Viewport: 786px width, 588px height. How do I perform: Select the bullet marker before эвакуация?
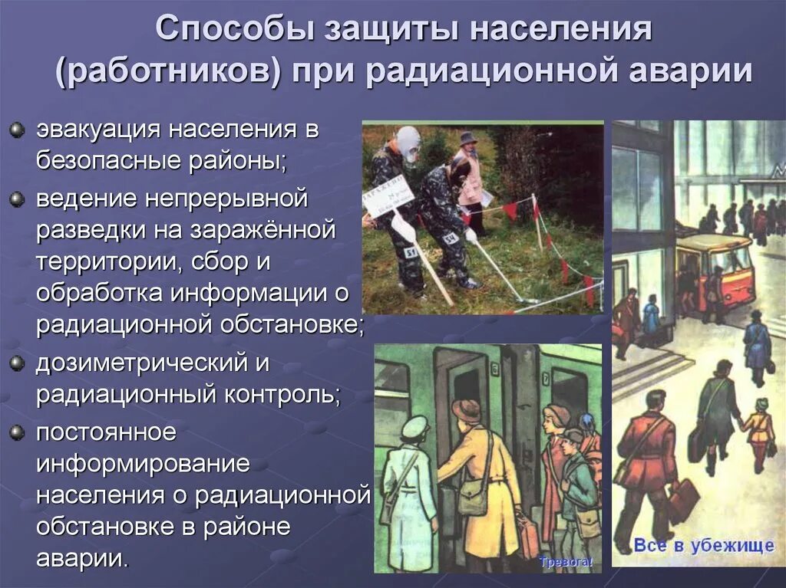coord(17,130)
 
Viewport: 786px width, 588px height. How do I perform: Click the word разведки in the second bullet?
coord(92,232)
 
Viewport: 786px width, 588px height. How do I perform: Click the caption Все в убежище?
coord(703,546)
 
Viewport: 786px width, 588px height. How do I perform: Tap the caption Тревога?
coord(566,562)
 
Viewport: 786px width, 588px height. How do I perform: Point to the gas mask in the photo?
coord(408,143)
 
